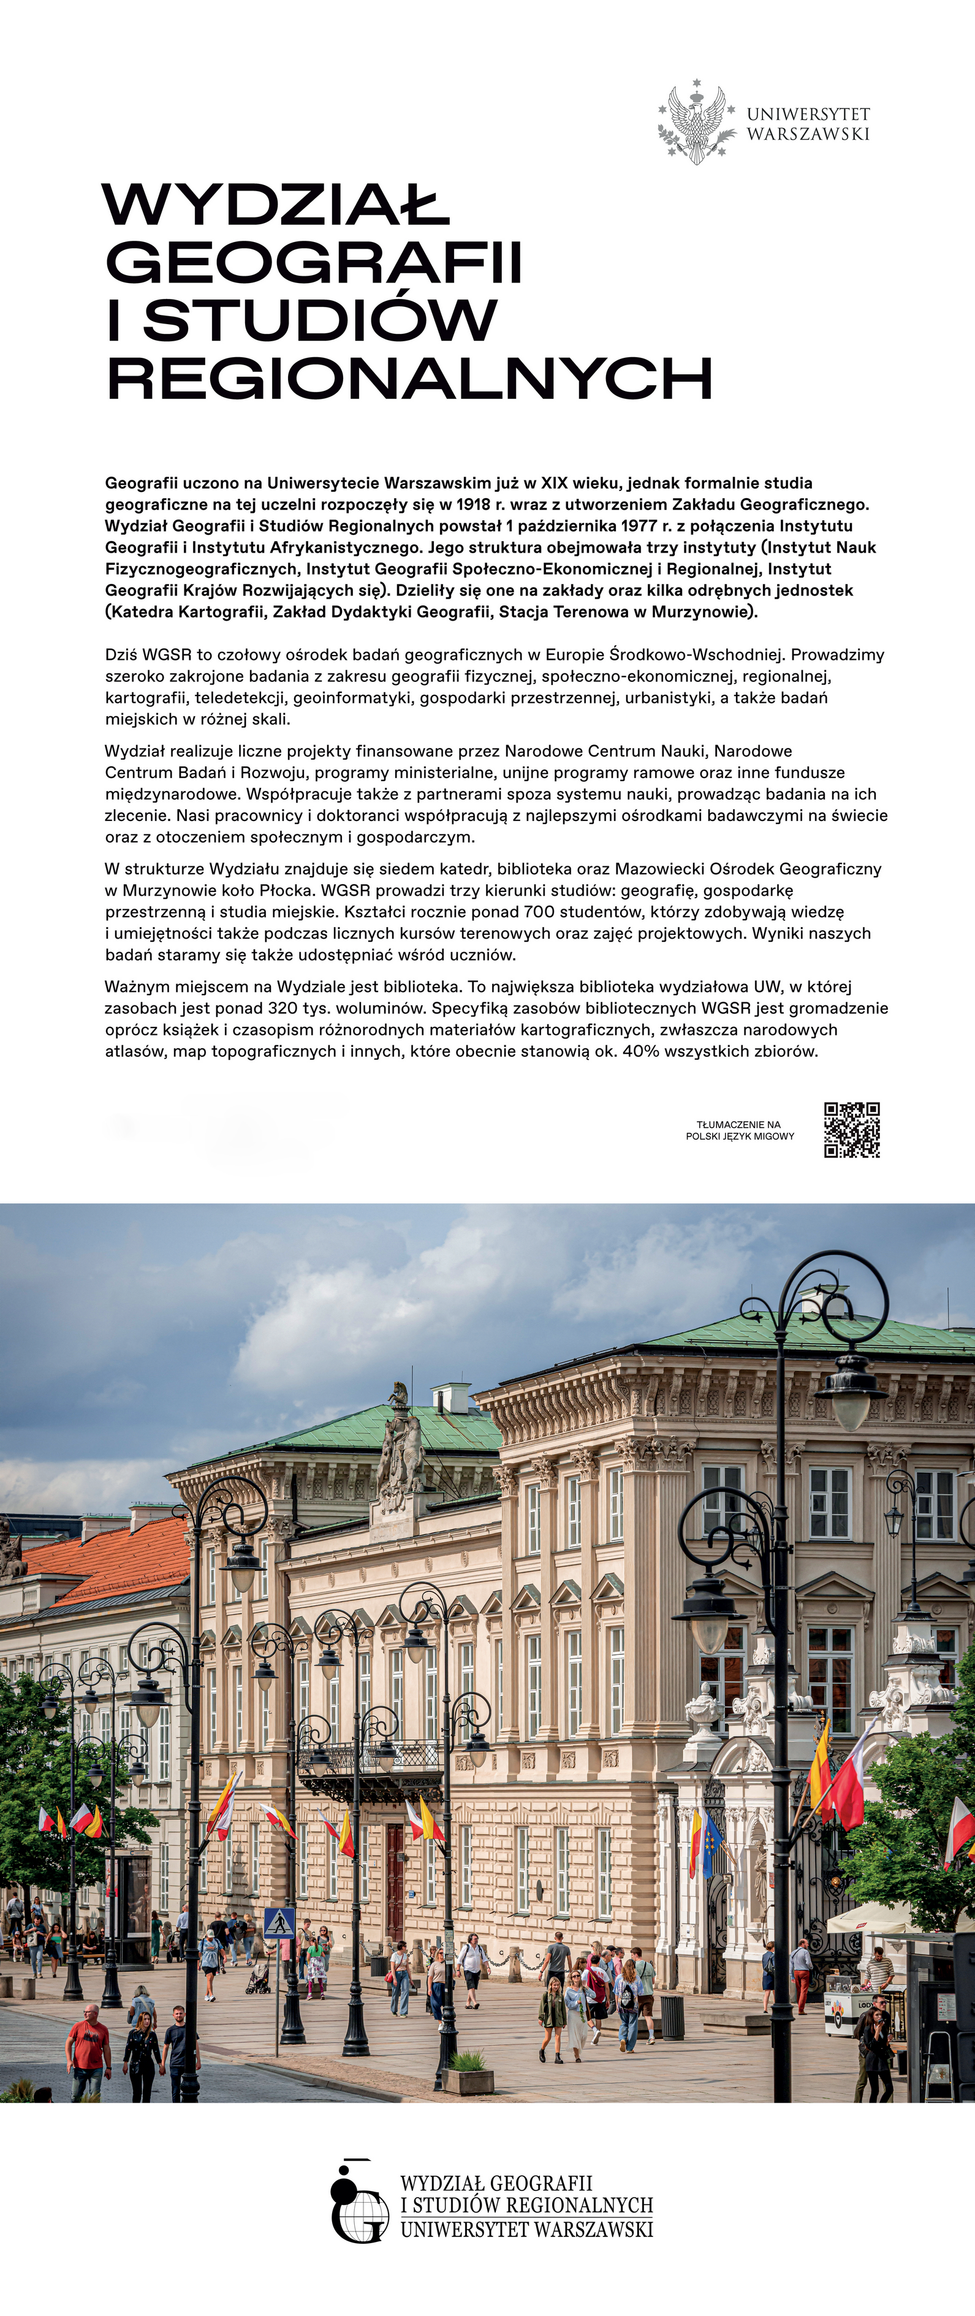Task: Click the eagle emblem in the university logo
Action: click(696, 123)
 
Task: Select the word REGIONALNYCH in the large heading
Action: click(409, 379)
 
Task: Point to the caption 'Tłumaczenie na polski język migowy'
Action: click(739, 1130)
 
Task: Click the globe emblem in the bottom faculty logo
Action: click(362, 2212)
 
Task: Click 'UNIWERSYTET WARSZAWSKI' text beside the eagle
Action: click(808, 123)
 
